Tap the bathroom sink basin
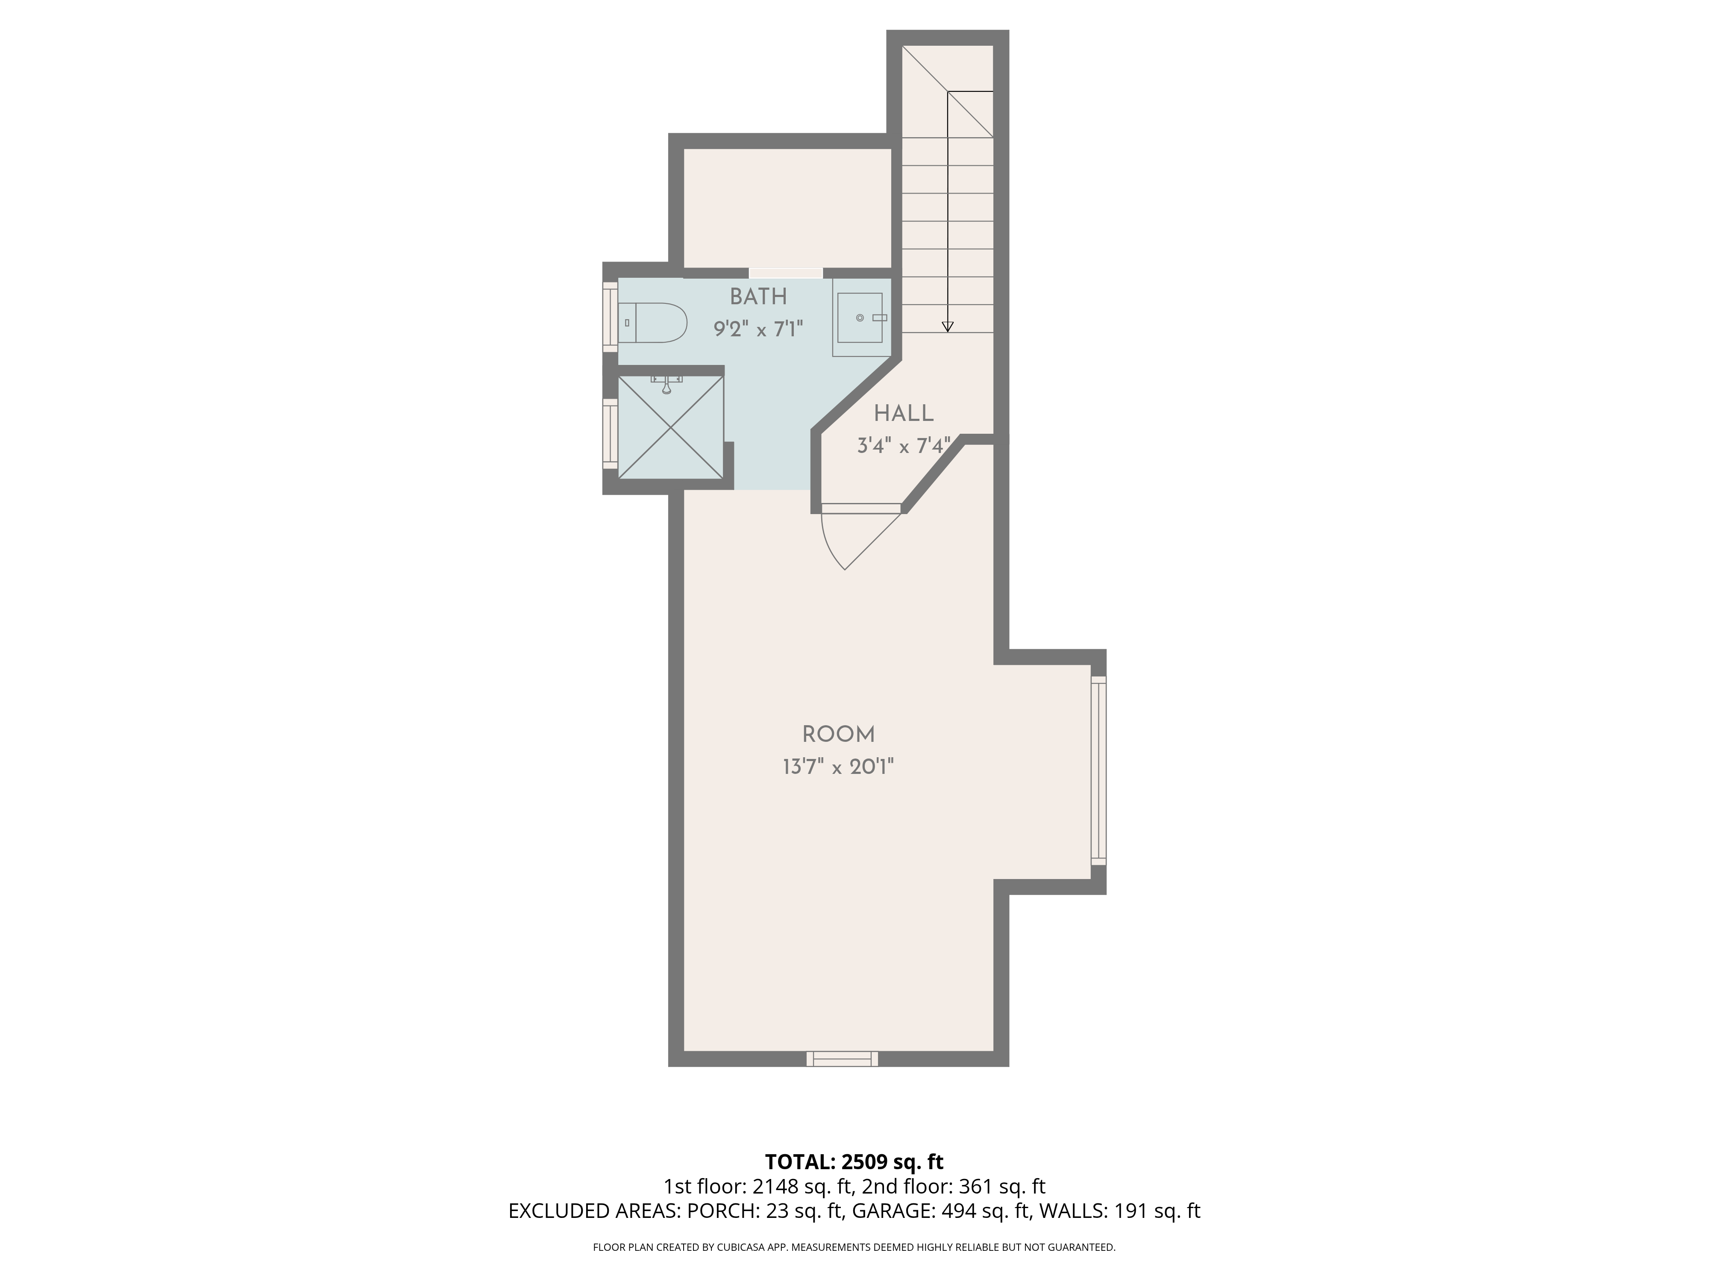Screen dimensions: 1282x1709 [858, 318]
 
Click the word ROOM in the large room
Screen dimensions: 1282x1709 [838, 734]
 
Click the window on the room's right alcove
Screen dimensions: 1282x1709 [1098, 770]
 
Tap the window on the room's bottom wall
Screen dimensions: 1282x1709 [842, 1059]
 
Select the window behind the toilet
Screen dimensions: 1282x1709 [610, 317]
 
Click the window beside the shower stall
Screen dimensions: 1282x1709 [610, 434]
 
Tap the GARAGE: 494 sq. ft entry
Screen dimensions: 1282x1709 [942, 1211]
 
